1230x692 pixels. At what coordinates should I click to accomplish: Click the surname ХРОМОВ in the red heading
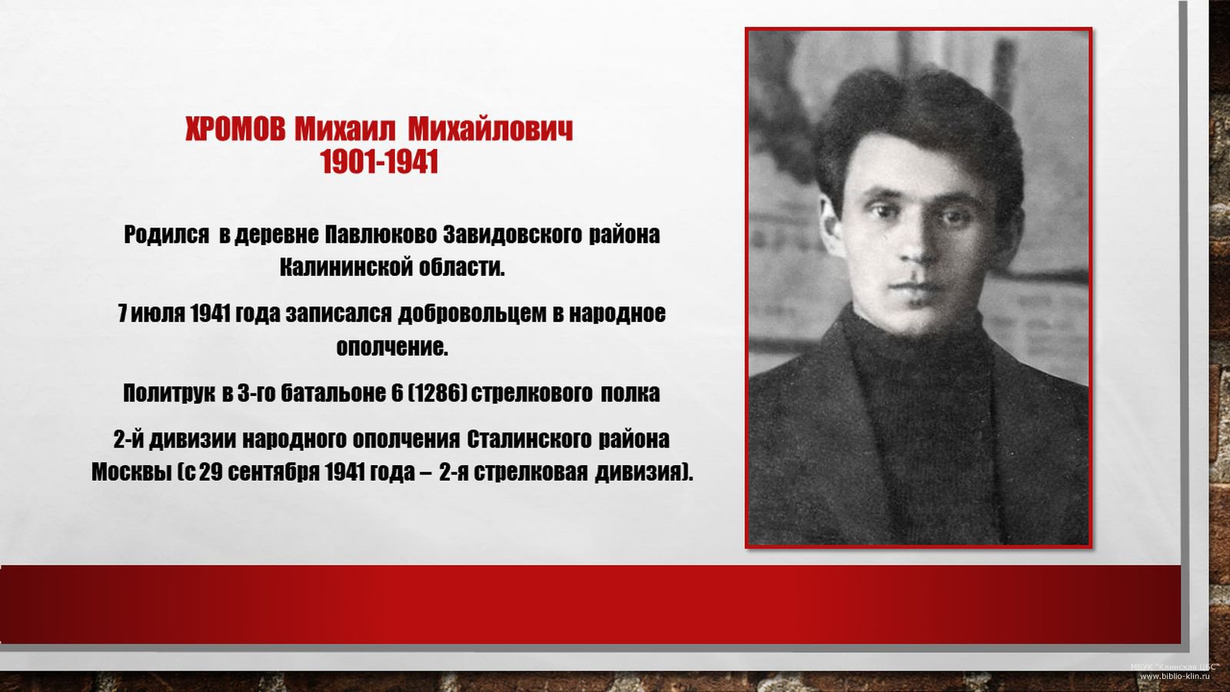click(x=235, y=130)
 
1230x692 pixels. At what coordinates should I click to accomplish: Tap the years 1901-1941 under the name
click(x=380, y=162)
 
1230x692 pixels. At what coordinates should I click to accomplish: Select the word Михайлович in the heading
click(x=490, y=130)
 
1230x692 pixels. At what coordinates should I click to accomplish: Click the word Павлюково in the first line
click(x=381, y=235)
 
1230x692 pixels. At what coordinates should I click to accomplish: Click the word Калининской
click(x=346, y=268)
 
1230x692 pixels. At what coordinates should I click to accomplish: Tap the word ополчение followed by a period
click(x=392, y=347)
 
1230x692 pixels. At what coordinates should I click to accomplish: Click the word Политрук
click(x=168, y=393)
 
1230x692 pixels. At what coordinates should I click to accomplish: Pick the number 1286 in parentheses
click(x=438, y=393)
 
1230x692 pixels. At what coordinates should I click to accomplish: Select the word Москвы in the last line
click(x=131, y=472)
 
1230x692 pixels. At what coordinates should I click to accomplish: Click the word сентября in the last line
click(x=272, y=473)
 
